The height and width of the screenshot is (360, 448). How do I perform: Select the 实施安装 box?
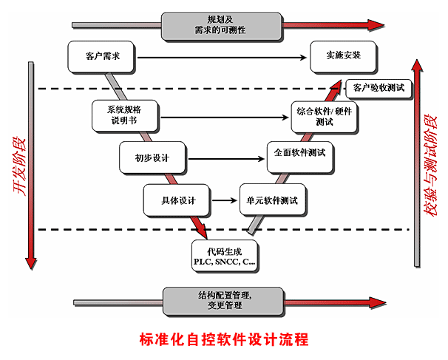(x=343, y=55)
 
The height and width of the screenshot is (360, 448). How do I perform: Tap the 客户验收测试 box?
(x=378, y=88)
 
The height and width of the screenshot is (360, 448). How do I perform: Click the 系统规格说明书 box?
(x=124, y=114)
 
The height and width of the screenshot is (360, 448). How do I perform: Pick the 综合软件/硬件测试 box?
(x=325, y=115)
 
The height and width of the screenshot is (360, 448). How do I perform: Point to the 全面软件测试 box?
(x=299, y=154)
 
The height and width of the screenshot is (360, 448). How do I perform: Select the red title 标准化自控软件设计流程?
(x=223, y=341)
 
